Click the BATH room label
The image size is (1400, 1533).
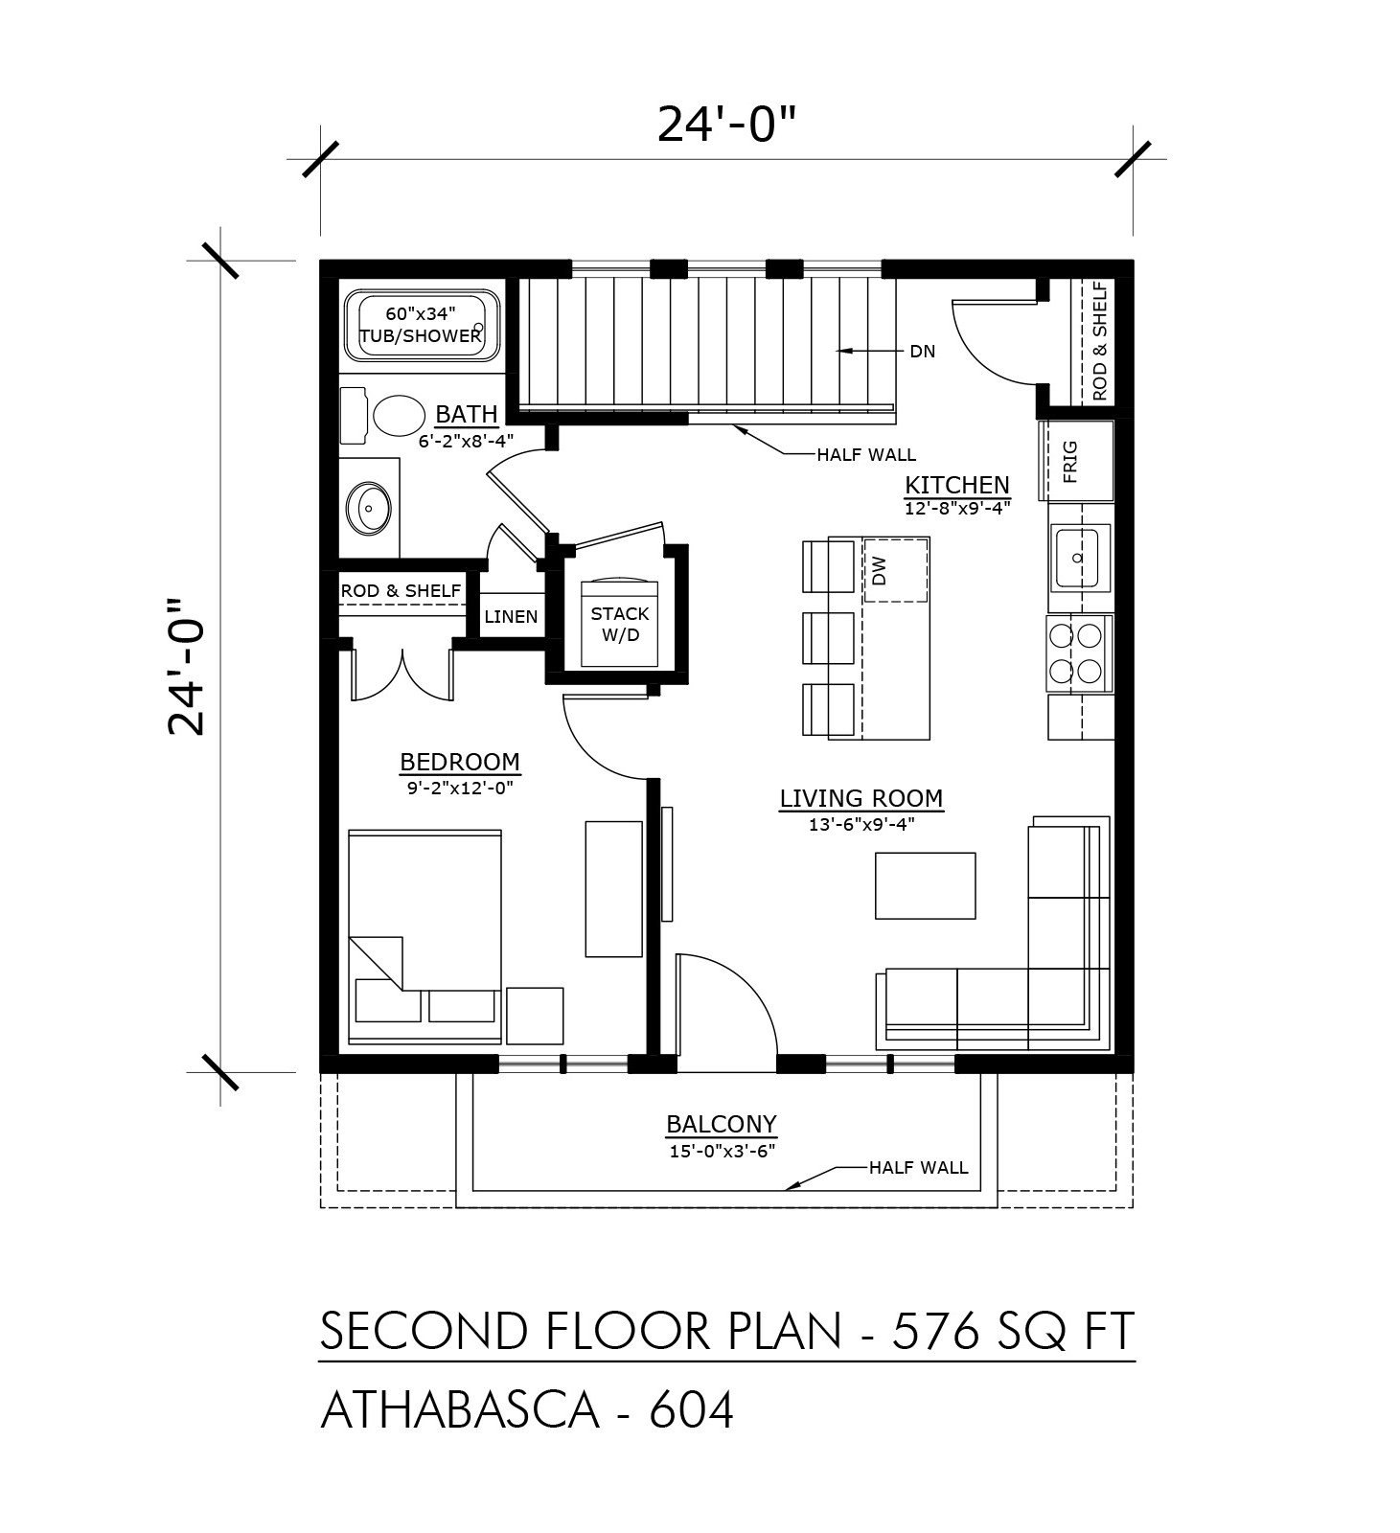point(467,414)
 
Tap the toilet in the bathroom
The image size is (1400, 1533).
point(383,416)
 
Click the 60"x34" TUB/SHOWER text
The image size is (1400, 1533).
point(420,325)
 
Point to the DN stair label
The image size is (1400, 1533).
point(922,352)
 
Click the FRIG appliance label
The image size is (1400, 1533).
point(1070,461)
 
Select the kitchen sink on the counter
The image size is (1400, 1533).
point(1079,557)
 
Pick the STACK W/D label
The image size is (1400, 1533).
point(620,624)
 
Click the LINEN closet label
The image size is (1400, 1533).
point(511,616)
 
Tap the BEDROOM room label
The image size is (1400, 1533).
point(460,762)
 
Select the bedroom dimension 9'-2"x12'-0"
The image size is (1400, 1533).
point(461,788)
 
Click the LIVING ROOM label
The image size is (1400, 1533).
point(861,798)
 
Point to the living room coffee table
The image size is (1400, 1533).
point(925,886)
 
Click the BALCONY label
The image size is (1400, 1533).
point(722,1123)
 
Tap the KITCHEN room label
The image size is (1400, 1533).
point(957,485)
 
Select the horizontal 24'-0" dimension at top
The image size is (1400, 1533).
point(727,124)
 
